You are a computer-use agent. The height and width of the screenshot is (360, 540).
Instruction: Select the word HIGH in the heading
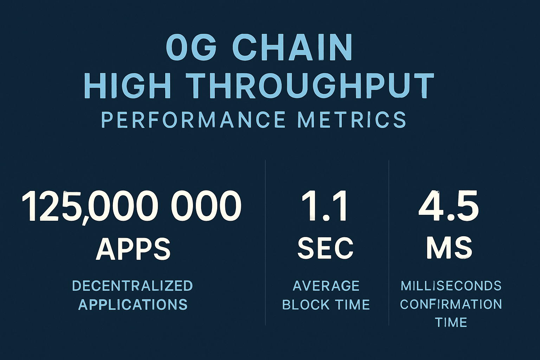point(128,86)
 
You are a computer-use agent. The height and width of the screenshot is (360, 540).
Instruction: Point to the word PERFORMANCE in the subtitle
point(193,120)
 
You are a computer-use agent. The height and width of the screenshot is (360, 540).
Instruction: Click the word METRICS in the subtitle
point(352,120)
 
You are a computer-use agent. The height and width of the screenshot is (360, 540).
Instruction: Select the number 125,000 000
point(131,207)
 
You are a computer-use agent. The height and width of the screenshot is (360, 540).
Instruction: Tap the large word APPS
point(133,249)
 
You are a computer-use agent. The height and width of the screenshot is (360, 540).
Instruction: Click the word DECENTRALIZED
point(133,286)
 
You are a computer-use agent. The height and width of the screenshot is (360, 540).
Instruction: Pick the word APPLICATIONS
point(133,304)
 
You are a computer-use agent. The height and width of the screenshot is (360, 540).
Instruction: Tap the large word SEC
point(326,248)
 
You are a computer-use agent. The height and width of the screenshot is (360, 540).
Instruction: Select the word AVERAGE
point(326,286)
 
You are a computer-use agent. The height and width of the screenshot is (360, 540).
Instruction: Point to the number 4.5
point(449,207)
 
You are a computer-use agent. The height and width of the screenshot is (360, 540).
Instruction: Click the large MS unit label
point(449,248)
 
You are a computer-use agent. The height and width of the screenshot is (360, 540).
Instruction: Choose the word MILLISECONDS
point(451,285)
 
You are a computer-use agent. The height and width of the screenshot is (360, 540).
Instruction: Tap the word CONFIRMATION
point(451,304)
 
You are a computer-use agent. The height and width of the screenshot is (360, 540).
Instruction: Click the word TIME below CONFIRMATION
point(451,322)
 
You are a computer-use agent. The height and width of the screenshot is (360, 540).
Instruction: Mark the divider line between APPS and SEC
point(265,243)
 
